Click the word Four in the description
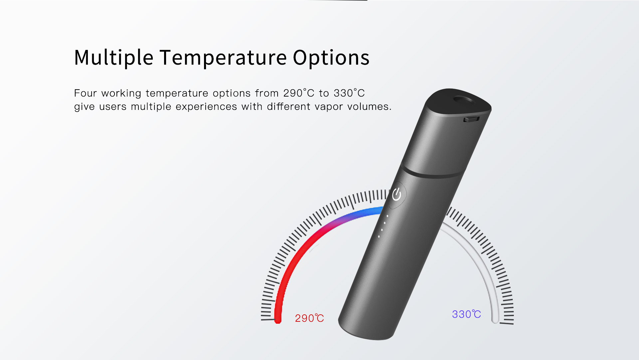(85, 93)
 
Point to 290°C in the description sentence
(299, 93)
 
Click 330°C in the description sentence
(349, 93)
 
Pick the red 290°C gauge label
(310, 318)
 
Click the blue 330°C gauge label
(467, 314)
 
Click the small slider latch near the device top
(472, 119)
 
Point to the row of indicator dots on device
(383, 226)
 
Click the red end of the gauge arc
(278, 320)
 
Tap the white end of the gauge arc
(495, 320)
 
